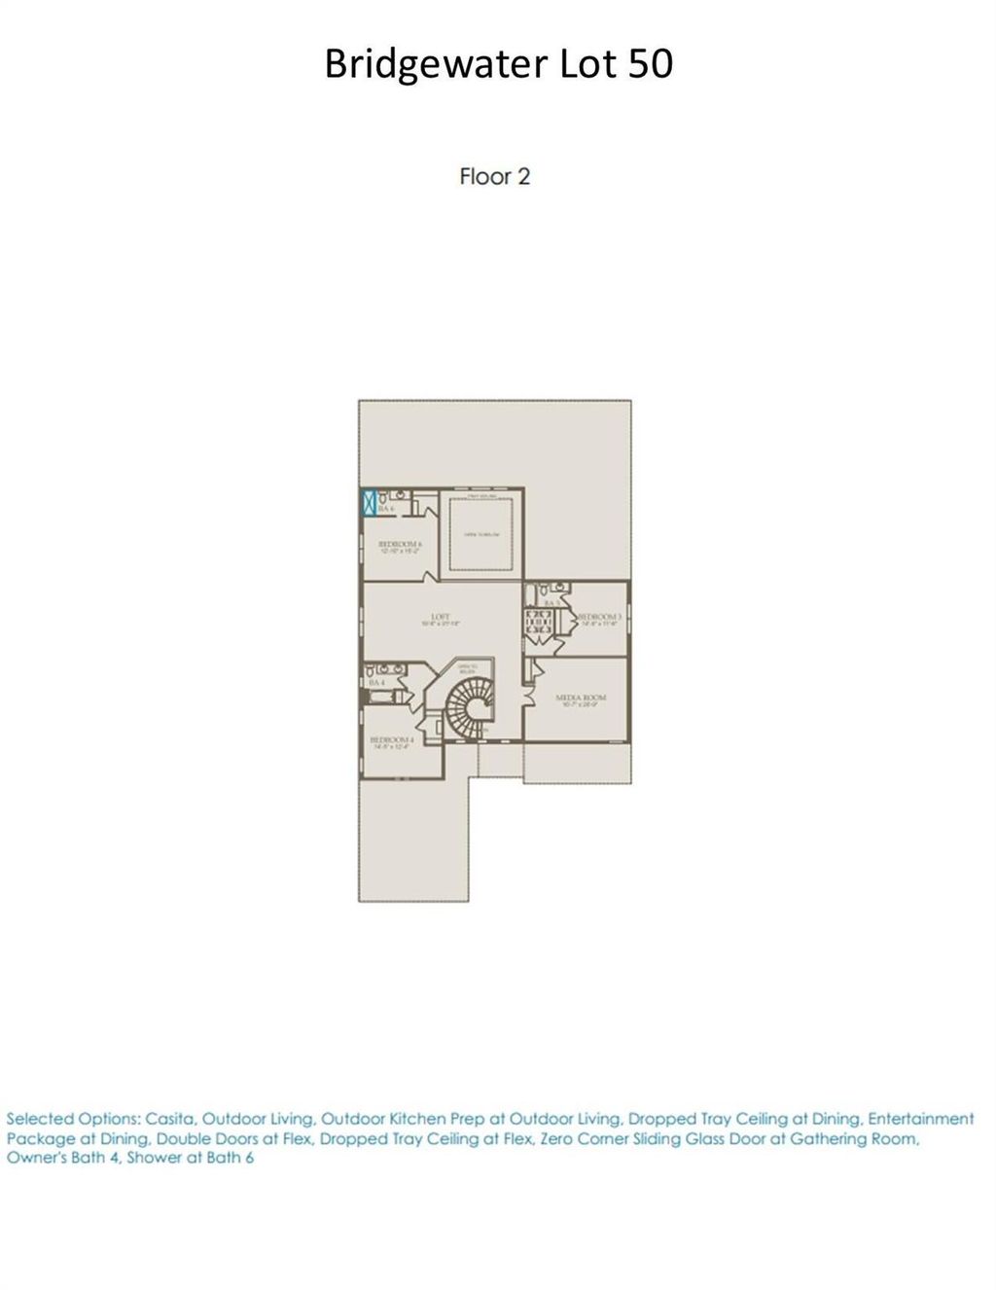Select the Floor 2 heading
pyautogui.click(x=494, y=176)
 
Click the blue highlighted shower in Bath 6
pyautogui.click(x=369, y=503)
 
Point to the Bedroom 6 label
pyautogui.click(x=399, y=545)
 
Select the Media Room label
pyautogui.click(x=581, y=699)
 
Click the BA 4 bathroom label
pyautogui.click(x=376, y=684)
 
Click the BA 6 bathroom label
pyautogui.click(x=386, y=509)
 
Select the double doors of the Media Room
pyautogui.click(x=528, y=681)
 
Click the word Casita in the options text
pyautogui.click(x=169, y=1119)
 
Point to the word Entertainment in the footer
pyautogui.click(x=920, y=1119)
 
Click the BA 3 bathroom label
pyautogui.click(x=551, y=603)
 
